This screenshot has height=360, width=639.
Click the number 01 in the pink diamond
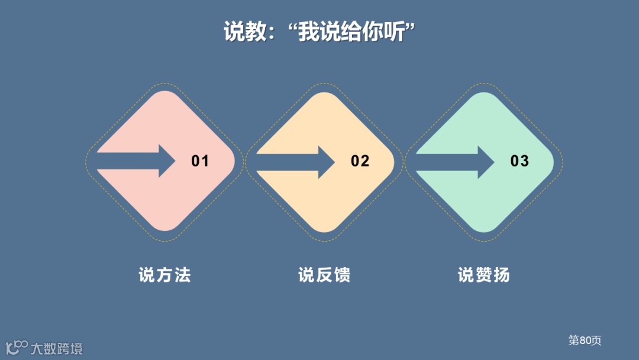(200, 161)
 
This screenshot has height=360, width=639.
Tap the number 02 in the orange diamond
(360, 161)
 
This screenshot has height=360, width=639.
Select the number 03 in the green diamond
(519, 161)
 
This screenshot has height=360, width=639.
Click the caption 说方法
(164, 275)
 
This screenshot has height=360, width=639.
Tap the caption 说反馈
(324, 275)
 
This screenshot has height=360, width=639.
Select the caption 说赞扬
(484, 275)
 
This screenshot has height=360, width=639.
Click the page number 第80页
(585, 340)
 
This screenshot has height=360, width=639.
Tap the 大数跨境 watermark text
(57, 348)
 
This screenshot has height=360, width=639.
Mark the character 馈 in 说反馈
(342, 275)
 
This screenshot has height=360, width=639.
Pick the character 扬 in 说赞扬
(502, 275)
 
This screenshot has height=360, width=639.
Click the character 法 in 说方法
(182, 275)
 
